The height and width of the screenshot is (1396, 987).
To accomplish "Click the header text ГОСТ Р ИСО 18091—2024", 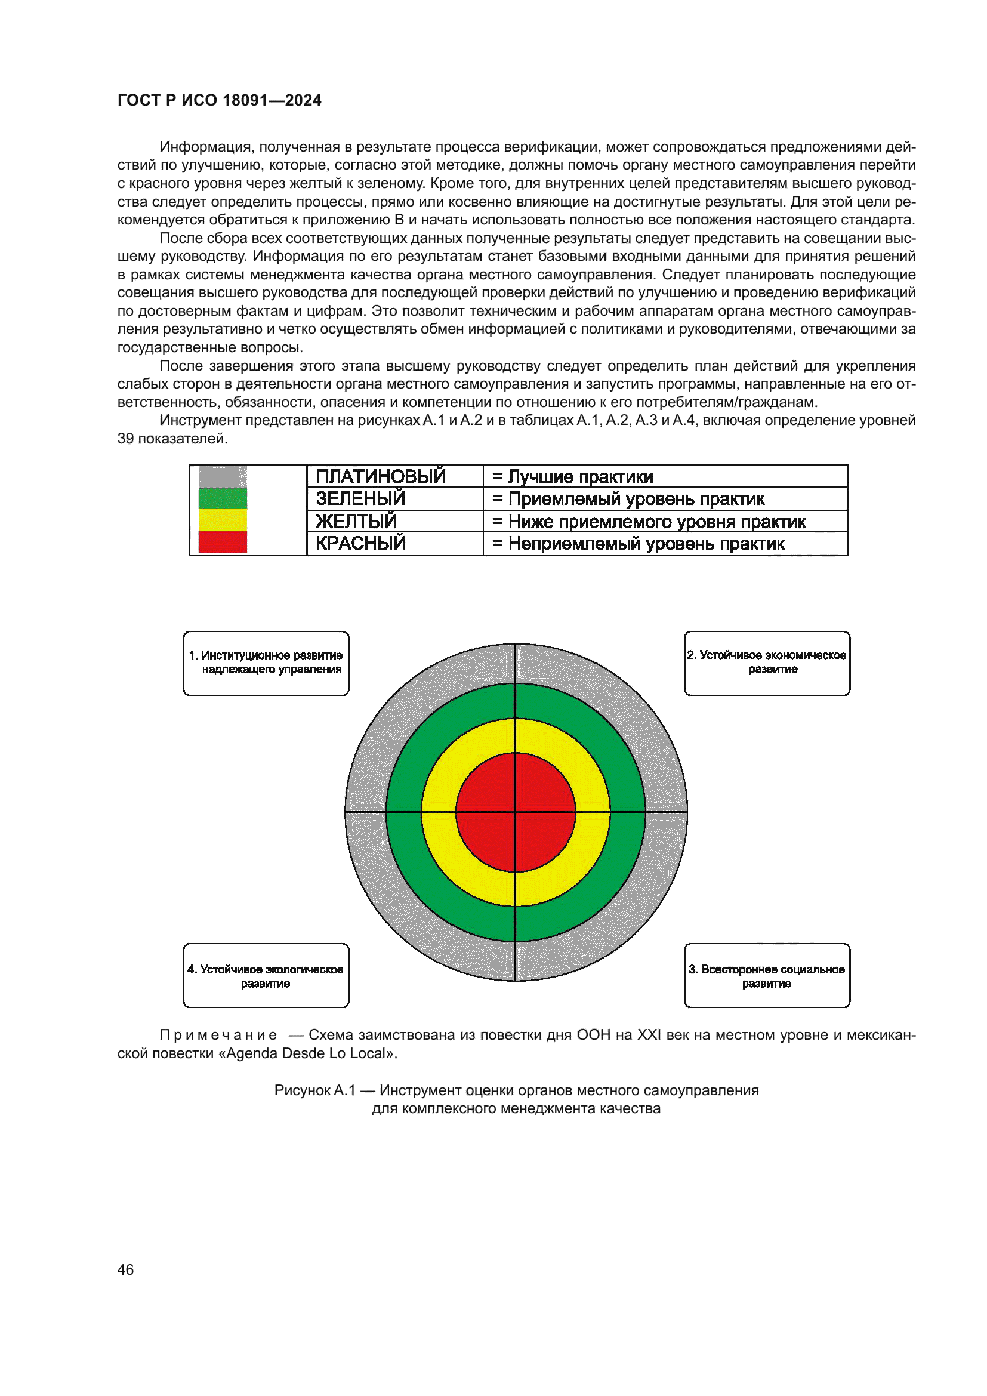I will pos(219,100).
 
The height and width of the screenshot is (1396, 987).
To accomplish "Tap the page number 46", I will pos(125,1269).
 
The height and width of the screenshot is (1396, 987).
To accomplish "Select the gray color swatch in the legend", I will pos(223,477).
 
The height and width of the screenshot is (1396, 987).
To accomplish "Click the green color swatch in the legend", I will pos(223,498).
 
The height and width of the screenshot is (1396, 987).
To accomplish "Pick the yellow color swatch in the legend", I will pos(223,520).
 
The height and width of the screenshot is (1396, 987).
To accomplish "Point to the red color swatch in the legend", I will pos(223,542).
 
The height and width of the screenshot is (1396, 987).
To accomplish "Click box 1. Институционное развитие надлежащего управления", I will pos(266,662).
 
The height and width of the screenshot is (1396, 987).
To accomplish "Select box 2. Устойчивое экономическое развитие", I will pos(767,662).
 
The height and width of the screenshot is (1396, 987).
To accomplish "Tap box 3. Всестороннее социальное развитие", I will pos(767,976).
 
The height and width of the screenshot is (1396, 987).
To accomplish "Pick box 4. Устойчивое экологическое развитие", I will pos(266,976).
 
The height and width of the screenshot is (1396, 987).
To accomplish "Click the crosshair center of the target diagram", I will pos(516,812).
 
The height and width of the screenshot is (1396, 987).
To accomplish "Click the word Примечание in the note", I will pos(218,1035).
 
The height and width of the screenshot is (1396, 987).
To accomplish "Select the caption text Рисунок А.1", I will pos(314,1090).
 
